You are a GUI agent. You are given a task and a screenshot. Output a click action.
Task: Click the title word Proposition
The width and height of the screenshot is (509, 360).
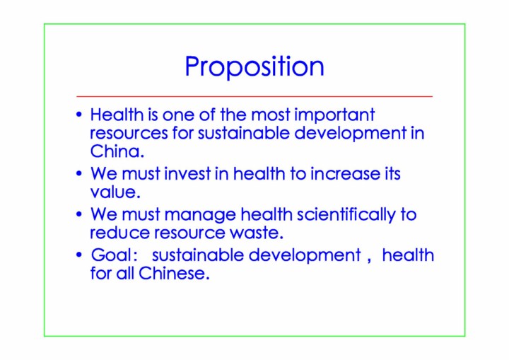click(x=255, y=67)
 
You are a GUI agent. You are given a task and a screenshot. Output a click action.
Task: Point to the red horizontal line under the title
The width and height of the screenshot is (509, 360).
click(x=255, y=96)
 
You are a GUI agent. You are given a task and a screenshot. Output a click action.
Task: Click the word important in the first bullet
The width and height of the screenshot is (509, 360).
click(x=334, y=115)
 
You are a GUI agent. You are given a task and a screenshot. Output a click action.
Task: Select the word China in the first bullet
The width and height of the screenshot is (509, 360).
click(x=115, y=151)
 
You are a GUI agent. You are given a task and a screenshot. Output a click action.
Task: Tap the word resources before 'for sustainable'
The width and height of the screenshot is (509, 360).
click(x=129, y=134)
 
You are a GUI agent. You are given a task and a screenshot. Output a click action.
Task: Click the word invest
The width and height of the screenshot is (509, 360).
click(x=187, y=173)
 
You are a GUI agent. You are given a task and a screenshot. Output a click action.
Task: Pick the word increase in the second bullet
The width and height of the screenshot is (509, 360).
click(x=345, y=173)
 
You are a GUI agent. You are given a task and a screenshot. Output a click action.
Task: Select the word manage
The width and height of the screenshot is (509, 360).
click(x=200, y=215)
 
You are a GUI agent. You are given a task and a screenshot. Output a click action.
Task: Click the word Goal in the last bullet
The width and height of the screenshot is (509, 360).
click(x=111, y=255)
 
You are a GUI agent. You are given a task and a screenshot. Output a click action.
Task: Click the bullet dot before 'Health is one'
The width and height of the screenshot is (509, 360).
click(x=79, y=115)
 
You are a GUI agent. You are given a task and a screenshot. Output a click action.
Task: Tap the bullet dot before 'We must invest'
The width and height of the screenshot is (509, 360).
click(x=79, y=173)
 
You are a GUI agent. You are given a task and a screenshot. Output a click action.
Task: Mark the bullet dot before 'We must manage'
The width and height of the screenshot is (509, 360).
click(x=79, y=214)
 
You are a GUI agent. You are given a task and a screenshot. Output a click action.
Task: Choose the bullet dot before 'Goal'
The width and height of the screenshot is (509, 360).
click(x=79, y=255)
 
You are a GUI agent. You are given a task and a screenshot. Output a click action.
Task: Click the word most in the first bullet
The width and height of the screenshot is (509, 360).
click(x=270, y=115)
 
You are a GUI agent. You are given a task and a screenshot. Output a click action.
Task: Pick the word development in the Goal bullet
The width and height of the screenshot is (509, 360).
click(x=305, y=255)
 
